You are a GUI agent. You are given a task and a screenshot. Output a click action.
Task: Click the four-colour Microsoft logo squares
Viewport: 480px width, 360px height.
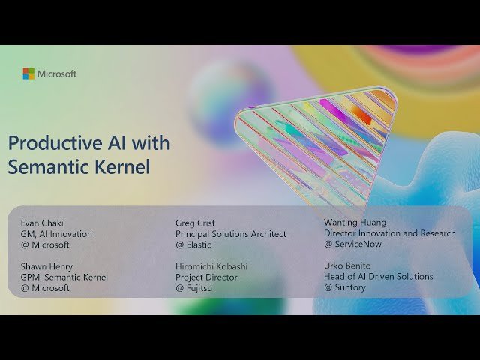[28, 73]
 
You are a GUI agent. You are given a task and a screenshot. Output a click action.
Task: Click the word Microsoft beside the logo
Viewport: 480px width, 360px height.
[57, 73]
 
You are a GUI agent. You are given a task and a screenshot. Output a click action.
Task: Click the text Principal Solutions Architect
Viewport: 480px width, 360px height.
[231, 234]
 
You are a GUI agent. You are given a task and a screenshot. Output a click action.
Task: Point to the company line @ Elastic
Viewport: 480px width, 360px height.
[193, 244]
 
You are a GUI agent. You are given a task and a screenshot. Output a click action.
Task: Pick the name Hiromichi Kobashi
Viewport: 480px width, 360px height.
[212, 266]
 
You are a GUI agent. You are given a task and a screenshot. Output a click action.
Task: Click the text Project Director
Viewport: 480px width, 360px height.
[207, 277]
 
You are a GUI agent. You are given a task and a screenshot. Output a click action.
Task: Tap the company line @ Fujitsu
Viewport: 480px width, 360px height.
[194, 288]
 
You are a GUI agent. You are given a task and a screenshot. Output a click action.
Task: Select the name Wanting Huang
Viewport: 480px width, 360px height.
[355, 223]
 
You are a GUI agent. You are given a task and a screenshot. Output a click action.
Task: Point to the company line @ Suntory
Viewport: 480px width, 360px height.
[345, 287]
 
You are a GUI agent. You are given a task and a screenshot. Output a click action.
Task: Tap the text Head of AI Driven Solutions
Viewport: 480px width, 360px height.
[379, 277]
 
